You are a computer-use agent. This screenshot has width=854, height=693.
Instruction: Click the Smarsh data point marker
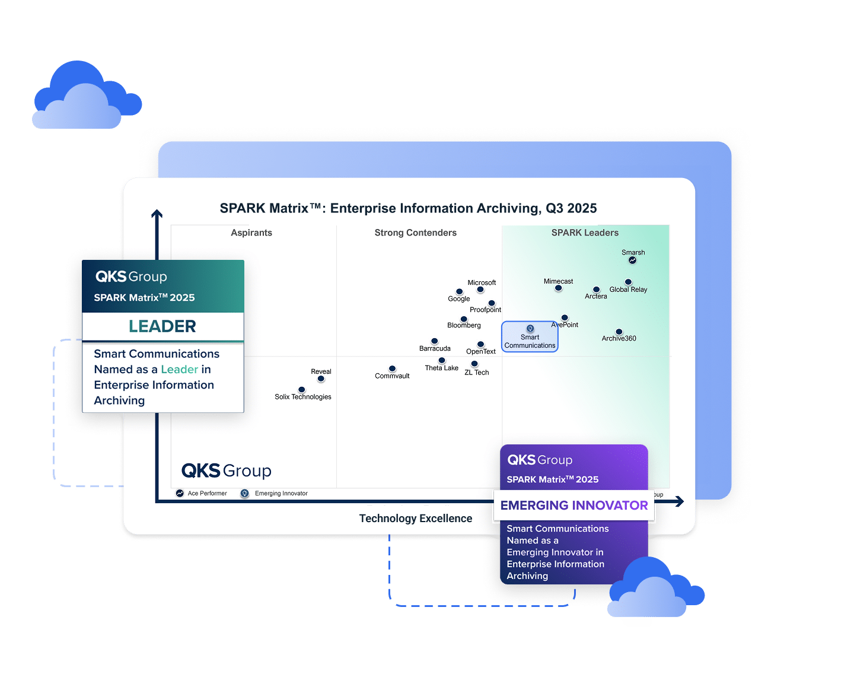pyautogui.click(x=632, y=260)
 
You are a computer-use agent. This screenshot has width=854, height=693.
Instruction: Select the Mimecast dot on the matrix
pyautogui.click(x=558, y=288)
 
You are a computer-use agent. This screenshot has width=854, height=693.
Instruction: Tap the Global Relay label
pyautogui.click(x=628, y=290)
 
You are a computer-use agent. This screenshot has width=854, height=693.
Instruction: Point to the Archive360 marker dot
pyautogui.click(x=619, y=332)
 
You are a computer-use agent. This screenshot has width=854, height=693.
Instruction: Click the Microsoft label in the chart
pyautogui.click(x=482, y=282)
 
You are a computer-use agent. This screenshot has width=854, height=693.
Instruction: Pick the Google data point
pyautogui.click(x=459, y=292)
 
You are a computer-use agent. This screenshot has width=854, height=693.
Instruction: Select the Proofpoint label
pyautogui.click(x=485, y=310)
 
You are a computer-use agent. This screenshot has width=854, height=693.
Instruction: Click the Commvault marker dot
pyautogui.click(x=392, y=368)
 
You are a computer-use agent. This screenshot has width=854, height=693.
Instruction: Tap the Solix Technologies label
pyautogui.click(x=302, y=397)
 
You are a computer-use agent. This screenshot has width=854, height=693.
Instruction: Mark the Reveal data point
pyautogui.click(x=321, y=379)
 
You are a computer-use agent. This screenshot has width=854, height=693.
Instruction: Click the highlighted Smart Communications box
pyautogui.click(x=530, y=337)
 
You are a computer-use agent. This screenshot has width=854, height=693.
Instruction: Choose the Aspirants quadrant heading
pyautogui.click(x=251, y=233)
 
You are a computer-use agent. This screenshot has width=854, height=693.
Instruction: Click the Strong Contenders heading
pyautogui.click(x=415, y=233)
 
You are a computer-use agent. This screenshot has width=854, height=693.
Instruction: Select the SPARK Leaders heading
pyautogui.click(x=585, y=233)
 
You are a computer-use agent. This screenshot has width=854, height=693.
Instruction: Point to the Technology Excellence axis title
pyautogui.click(x=415, y=519)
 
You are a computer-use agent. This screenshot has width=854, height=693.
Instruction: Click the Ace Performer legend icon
pyautogui.click(x=180, y=493)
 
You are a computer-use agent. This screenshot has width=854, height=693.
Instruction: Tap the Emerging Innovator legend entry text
pyautogui.click(x=281, y=494)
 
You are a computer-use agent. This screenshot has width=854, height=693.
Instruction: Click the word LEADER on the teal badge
pyautogui.click(x=162, y=326)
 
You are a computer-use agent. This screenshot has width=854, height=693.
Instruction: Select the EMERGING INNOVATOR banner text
pyautogui.click(x=574, y=506)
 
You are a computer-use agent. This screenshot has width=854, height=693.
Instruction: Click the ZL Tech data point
pyautogui.click(x=474, y=364)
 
